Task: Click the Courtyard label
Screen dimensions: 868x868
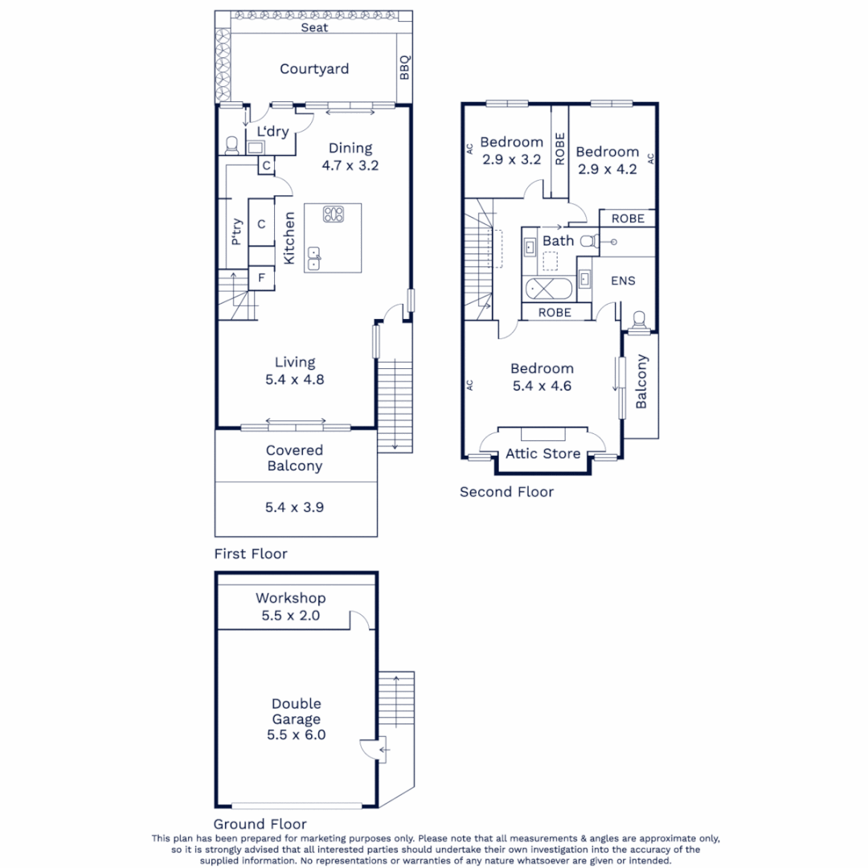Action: point(314,69)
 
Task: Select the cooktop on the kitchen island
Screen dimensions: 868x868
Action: point(333,215)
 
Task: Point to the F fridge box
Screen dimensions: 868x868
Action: point(261,279)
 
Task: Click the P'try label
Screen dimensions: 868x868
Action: point(236,232)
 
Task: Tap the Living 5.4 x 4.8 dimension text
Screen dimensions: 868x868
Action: point(295,380)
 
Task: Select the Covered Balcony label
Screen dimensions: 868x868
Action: point(295,458)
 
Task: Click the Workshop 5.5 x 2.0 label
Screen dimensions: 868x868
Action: point(290,607)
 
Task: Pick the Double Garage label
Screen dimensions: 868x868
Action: point(296,719)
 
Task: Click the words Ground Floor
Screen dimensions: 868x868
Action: point(260,824)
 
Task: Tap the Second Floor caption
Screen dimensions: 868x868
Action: point(506,492)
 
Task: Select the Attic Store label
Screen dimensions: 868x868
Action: point(542,454)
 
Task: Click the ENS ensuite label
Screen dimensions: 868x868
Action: point(623,280)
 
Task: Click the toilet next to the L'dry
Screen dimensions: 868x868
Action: point(232,145)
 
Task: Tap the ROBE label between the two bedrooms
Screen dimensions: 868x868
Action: point(559,149)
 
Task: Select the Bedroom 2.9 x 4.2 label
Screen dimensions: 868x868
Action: point(608,160)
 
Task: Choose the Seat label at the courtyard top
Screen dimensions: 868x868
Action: point(314,27)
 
